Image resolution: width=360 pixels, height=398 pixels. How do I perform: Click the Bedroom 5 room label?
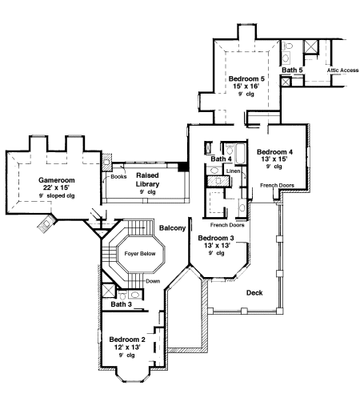click(x=246, y=79)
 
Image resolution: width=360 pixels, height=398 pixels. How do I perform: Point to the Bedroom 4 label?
click(x=275, y=151)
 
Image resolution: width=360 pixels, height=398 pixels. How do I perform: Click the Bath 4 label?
click(x=221, y=159)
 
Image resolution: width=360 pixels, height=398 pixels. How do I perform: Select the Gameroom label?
click(x=55, y=180)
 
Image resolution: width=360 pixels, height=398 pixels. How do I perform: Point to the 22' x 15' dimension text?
click(x=55, y=188)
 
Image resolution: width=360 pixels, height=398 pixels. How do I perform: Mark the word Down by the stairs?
click(x=152, y=280)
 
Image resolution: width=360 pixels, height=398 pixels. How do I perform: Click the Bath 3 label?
click(x=121, y=304)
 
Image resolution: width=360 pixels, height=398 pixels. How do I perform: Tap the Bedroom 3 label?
click(x=215, y=239)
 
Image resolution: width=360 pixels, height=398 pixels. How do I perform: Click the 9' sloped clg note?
click(x=55, y=196)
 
